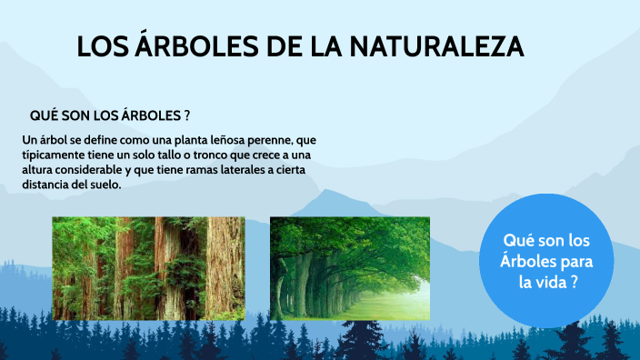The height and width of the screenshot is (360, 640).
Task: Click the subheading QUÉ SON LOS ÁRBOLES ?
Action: coord(109,116)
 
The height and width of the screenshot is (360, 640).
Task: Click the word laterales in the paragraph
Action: coord(223,170)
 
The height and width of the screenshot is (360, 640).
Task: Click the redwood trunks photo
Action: coord(148,268)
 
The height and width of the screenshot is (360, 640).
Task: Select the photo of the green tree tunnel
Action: coord(350,268)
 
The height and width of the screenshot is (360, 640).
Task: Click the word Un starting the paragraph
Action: coord(28,141)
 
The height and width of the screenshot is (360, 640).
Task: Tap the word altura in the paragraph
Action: coord(40,170)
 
